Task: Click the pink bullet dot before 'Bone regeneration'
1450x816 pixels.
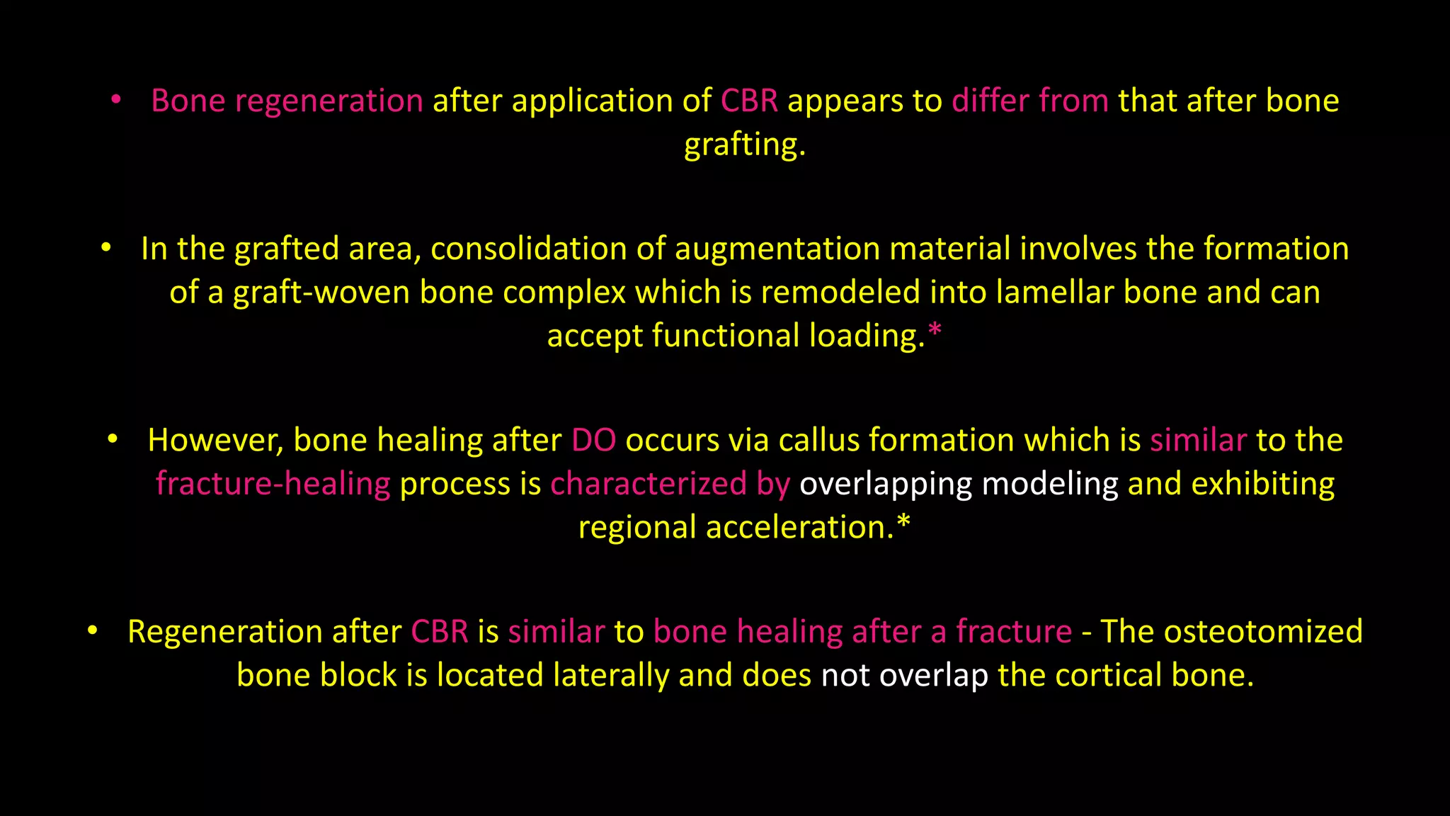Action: click(117, 101)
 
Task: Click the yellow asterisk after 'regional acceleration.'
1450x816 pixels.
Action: click(903, 523)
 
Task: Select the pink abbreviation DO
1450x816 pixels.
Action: click(593, 440)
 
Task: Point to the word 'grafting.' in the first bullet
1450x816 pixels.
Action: click(745, 145)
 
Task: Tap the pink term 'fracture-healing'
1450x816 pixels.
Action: click(273, 484)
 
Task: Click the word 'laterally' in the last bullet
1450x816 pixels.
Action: click(611, 675)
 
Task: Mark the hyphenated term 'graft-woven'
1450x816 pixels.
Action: click(321, 293)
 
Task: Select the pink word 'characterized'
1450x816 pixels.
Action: click(649, 484)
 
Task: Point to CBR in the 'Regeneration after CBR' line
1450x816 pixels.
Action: click(440, 631)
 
